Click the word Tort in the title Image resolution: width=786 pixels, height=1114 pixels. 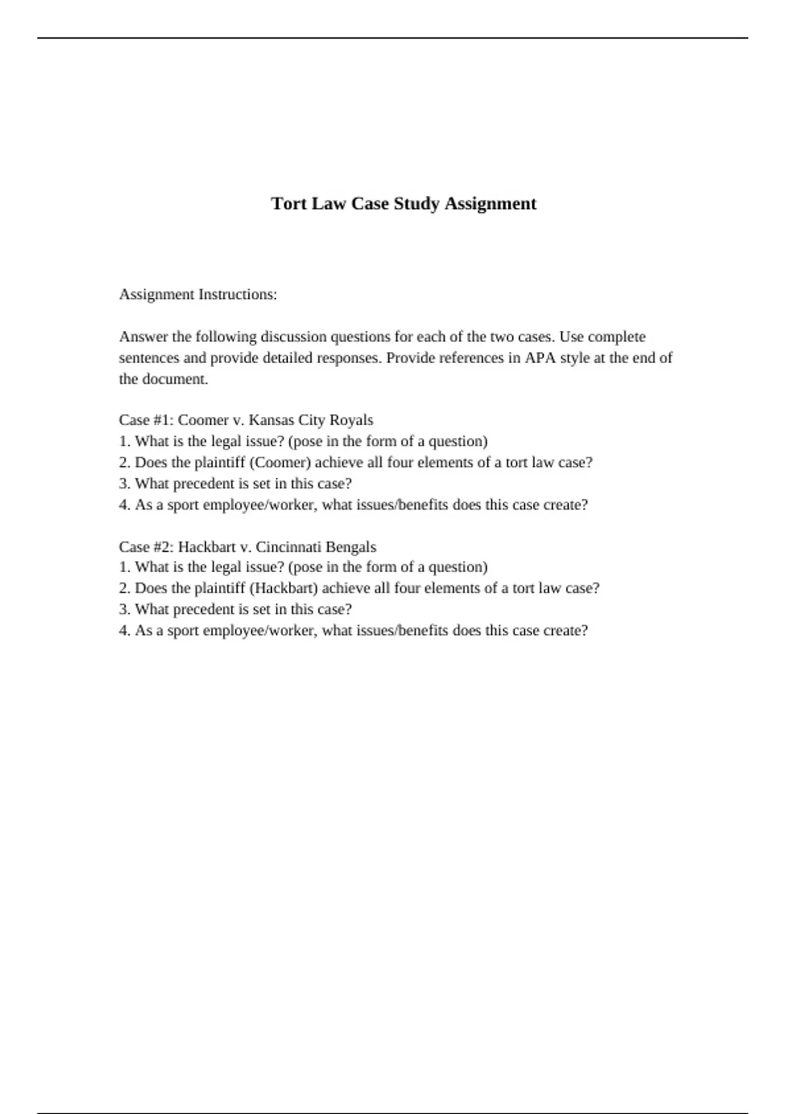[289, 204]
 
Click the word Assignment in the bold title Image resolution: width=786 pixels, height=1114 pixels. [491, 204]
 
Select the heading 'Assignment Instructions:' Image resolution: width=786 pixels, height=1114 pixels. [198, 295]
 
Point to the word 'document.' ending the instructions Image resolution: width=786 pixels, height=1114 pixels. [178, 379]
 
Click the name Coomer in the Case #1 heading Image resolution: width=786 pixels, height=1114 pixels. [203, 420]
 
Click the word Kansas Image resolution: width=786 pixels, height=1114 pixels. [271, 420]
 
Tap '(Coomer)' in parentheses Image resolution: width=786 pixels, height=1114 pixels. [280, 463]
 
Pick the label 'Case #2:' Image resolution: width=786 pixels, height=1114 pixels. [146, 547]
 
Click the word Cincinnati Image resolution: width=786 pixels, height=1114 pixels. [288, 547]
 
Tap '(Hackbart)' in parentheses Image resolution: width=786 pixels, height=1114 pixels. [284, 588]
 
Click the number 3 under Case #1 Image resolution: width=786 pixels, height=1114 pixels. [123, 484]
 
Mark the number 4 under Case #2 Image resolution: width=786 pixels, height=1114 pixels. [123, 630]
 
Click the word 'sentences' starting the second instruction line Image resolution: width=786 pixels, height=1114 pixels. [149, 358]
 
